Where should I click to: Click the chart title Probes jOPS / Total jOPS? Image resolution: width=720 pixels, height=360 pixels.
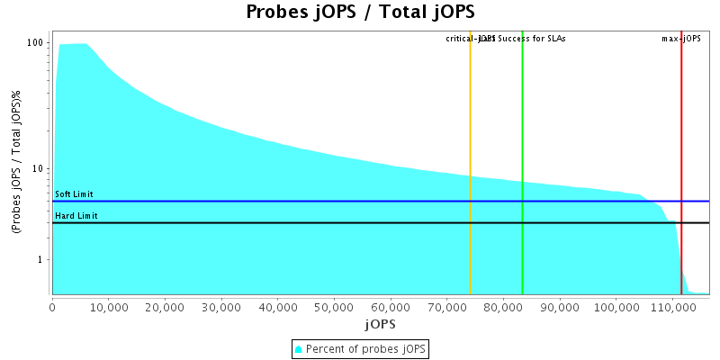[360, 13]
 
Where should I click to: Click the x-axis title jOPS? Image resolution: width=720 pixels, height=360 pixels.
[380, 323]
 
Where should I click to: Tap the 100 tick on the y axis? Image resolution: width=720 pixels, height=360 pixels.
[37, 43]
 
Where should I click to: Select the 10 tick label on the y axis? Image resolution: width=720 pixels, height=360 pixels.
[40, 169]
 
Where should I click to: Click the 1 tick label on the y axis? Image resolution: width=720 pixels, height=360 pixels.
[42, 260]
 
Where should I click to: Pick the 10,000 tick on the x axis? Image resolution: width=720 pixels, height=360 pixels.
[109, 307]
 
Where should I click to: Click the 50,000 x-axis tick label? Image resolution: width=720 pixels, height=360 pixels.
[334, 307]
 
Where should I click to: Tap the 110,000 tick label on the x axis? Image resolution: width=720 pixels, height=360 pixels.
[671, 307]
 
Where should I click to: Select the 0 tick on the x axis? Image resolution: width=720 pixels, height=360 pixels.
[53, 307]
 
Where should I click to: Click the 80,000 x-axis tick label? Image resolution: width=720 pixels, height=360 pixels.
[503, 307]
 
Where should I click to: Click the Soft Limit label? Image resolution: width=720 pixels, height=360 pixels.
[74, 194]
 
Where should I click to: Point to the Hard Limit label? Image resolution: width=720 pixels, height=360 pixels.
[76, 216]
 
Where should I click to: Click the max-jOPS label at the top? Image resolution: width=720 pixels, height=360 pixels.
[681, 39]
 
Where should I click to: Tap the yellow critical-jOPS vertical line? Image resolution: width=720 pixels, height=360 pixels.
[470, 135]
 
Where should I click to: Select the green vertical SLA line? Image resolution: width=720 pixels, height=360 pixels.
[522, 135]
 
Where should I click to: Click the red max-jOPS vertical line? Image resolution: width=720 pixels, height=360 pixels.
[681, 135]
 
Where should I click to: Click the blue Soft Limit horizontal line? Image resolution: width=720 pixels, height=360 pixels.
[270, 202]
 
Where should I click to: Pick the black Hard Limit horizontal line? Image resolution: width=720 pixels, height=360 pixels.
[270, 222]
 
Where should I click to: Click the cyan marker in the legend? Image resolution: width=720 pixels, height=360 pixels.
[299, 349]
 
